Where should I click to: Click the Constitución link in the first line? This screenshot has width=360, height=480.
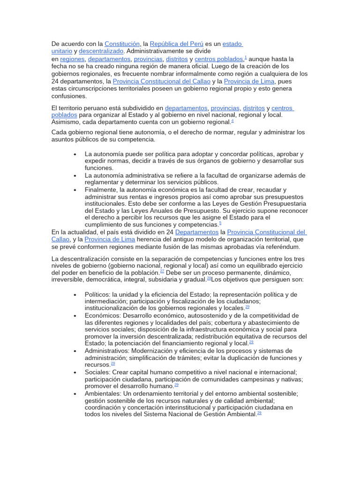click(x=122, y=44)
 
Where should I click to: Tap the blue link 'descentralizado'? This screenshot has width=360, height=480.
click(x=101, y=51)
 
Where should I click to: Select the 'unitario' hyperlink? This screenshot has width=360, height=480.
click(x=61, y=51)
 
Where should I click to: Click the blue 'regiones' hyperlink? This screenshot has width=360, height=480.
click(x=72, y=59)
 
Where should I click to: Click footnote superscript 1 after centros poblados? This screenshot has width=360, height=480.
click(x=246, y=57)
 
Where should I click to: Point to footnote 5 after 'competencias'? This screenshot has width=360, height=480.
click(x=220, y=223)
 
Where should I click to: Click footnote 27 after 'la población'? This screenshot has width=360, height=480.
click(x=162, y=270)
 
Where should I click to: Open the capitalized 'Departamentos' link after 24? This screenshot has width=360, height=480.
click(x=197, y=232)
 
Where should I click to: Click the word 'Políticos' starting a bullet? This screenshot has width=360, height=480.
click(x=97, y=294)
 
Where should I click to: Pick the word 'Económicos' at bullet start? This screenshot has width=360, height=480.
click(x=101, y=315)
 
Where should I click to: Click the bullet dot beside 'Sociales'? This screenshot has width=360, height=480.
click(x=75, y=372)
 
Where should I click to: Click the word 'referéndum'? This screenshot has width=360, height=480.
click(x=282, y=247)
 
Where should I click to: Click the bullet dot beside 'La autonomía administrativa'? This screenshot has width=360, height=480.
click(x=75, y=175)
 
